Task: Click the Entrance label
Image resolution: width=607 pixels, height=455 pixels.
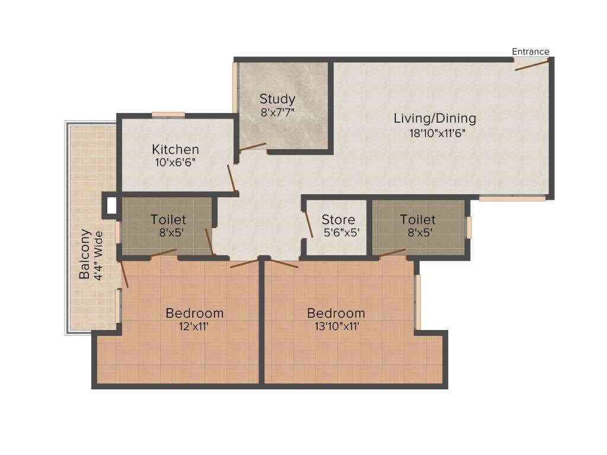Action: pos(531,52)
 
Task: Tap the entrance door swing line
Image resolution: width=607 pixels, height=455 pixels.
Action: pos(532,65)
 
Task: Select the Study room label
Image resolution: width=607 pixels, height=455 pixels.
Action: pos(277,99)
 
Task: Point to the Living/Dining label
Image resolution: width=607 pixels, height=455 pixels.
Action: pos(435,118)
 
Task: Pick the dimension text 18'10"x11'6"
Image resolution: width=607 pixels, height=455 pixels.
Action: pos(435,133)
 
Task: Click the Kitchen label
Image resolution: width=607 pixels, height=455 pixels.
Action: pos(175,149)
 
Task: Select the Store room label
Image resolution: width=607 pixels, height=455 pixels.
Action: pos(338,220)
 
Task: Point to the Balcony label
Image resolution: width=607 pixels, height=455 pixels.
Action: pos(85,254)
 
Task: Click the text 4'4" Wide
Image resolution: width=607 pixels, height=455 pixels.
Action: pos(98,255)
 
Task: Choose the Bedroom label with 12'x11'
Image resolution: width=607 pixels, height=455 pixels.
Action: pos(194,313)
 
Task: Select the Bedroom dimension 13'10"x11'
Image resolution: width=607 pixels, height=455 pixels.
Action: pos(336,326)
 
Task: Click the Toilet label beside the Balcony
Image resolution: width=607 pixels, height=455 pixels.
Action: pos(168,220)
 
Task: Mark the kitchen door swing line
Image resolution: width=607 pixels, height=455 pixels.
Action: pos(232,176)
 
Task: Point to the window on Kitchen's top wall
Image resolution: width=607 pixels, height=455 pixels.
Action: pos(168,115)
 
